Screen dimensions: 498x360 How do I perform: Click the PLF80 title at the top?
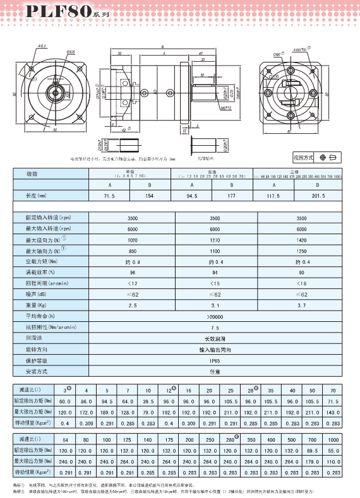coord(42,11)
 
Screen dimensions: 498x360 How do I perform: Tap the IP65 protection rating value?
coord(213,360)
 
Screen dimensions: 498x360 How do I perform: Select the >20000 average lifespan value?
coord(213,315)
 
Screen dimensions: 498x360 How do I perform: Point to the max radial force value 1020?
coord(133,240)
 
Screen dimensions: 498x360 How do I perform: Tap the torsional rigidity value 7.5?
coord(213,328)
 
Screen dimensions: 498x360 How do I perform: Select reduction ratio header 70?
coord(333,390)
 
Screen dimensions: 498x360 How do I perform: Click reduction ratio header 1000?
coord(333,439)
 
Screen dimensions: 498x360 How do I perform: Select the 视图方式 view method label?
coord(304,157)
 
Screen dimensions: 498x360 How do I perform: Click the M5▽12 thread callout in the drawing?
coord(207,108)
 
